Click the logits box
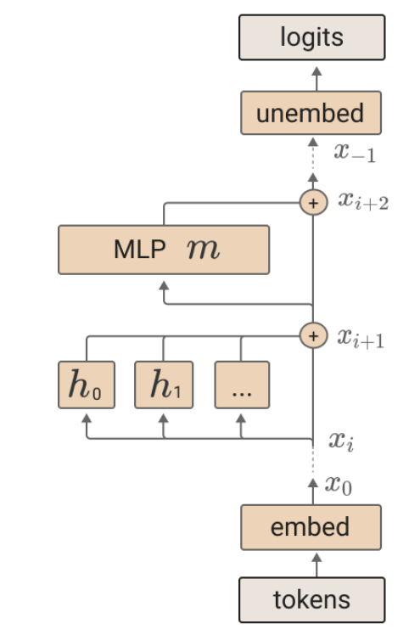pyautogui.click(x=312, y=37)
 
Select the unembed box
pyautogui.click(x=311, y=114)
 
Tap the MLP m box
pyautogui.click(x=164, y=250)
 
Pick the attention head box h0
pyautogui.click(x=86, y=385)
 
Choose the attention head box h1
pyautogui.click(x=164, y=385)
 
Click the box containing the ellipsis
pyautogui.click(x=242, y=385)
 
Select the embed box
pyautogui.click(x=311, y=526)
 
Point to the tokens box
pyautogui.click(x=311, y=599)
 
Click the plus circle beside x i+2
pyautogui.click(x=313, y=203)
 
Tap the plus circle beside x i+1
pyautogui.click(x=313, y=335)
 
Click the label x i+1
pyautogui.click(x=361, y=338)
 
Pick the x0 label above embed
pyautogui.click(x=339, y=485)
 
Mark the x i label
pyautogui.click(x=341, y=441)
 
